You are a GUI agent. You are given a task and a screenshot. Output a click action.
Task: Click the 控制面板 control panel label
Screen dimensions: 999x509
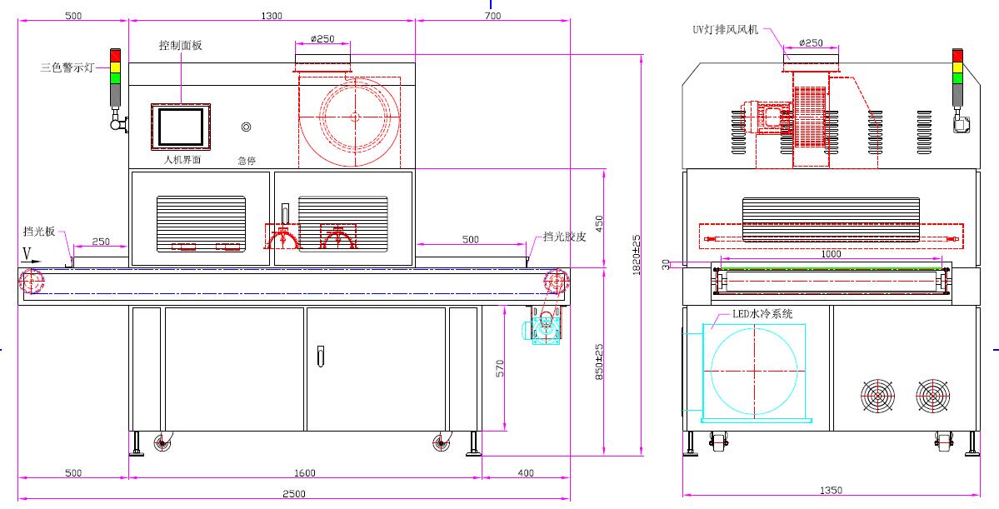coord(180,45)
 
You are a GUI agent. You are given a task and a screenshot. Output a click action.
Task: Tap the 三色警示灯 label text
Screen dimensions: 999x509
coord(67,67)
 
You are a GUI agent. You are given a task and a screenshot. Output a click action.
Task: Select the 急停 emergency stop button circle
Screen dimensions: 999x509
coord(246,127)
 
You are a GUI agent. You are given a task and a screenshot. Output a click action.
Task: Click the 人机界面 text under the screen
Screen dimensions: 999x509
coord(182,160)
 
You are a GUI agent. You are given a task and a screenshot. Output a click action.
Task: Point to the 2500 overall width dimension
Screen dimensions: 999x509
coord(294,494)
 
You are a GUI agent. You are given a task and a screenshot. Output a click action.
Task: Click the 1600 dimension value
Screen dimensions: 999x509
coord(305,472)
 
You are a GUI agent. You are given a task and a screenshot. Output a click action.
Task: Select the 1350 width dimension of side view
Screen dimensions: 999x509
coord(831,490)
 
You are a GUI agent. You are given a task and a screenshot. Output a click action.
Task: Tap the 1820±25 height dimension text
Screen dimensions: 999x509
coord(636,254)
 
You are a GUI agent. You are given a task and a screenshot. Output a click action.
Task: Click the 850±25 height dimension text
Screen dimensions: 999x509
coord(600,362)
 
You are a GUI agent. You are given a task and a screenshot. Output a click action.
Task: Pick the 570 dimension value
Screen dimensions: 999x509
coord(500,368)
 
